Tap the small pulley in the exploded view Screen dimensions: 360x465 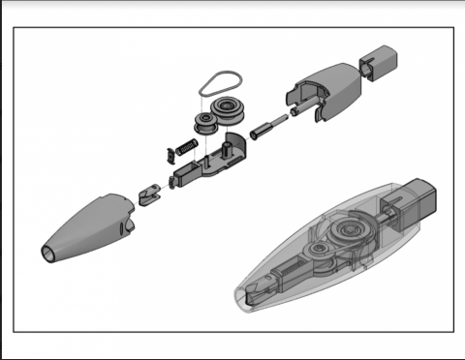coord(205,122)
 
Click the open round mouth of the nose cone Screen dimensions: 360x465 coord(46,255)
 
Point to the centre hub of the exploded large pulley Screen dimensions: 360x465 coord(231,105)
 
